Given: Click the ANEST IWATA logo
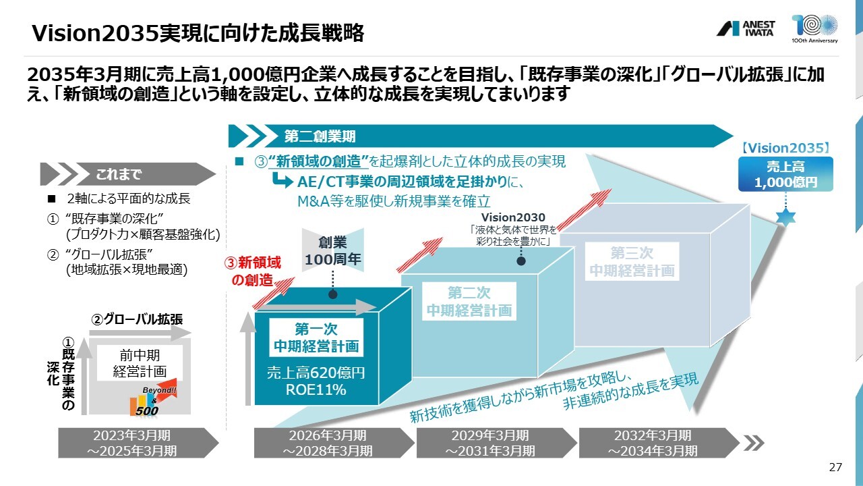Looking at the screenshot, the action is (x=746, y=28).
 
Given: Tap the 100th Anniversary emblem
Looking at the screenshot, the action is (x=814, y=28).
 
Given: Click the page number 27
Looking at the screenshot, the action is (x=835, y=467).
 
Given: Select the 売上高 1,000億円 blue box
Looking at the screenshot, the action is (x=785, y=174).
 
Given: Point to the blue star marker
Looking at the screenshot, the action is (x=785, y=217).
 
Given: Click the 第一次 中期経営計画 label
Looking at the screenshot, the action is (x=316, y=337).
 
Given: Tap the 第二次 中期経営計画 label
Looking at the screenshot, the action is (x=469, y=301).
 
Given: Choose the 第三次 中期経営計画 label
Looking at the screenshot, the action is (x=632, y=261).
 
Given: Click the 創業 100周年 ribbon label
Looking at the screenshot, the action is (x=333, y=250).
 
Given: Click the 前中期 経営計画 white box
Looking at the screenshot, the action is (x=140, y=363).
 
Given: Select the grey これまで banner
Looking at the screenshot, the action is (x=128, y=174).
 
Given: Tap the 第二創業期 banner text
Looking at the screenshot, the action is (x=320, y=136).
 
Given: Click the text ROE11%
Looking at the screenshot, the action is (x=316, y=389).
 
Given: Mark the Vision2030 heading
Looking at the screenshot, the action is (x=513, y=217).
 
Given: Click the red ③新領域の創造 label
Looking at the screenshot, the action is (x=253, y=271).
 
